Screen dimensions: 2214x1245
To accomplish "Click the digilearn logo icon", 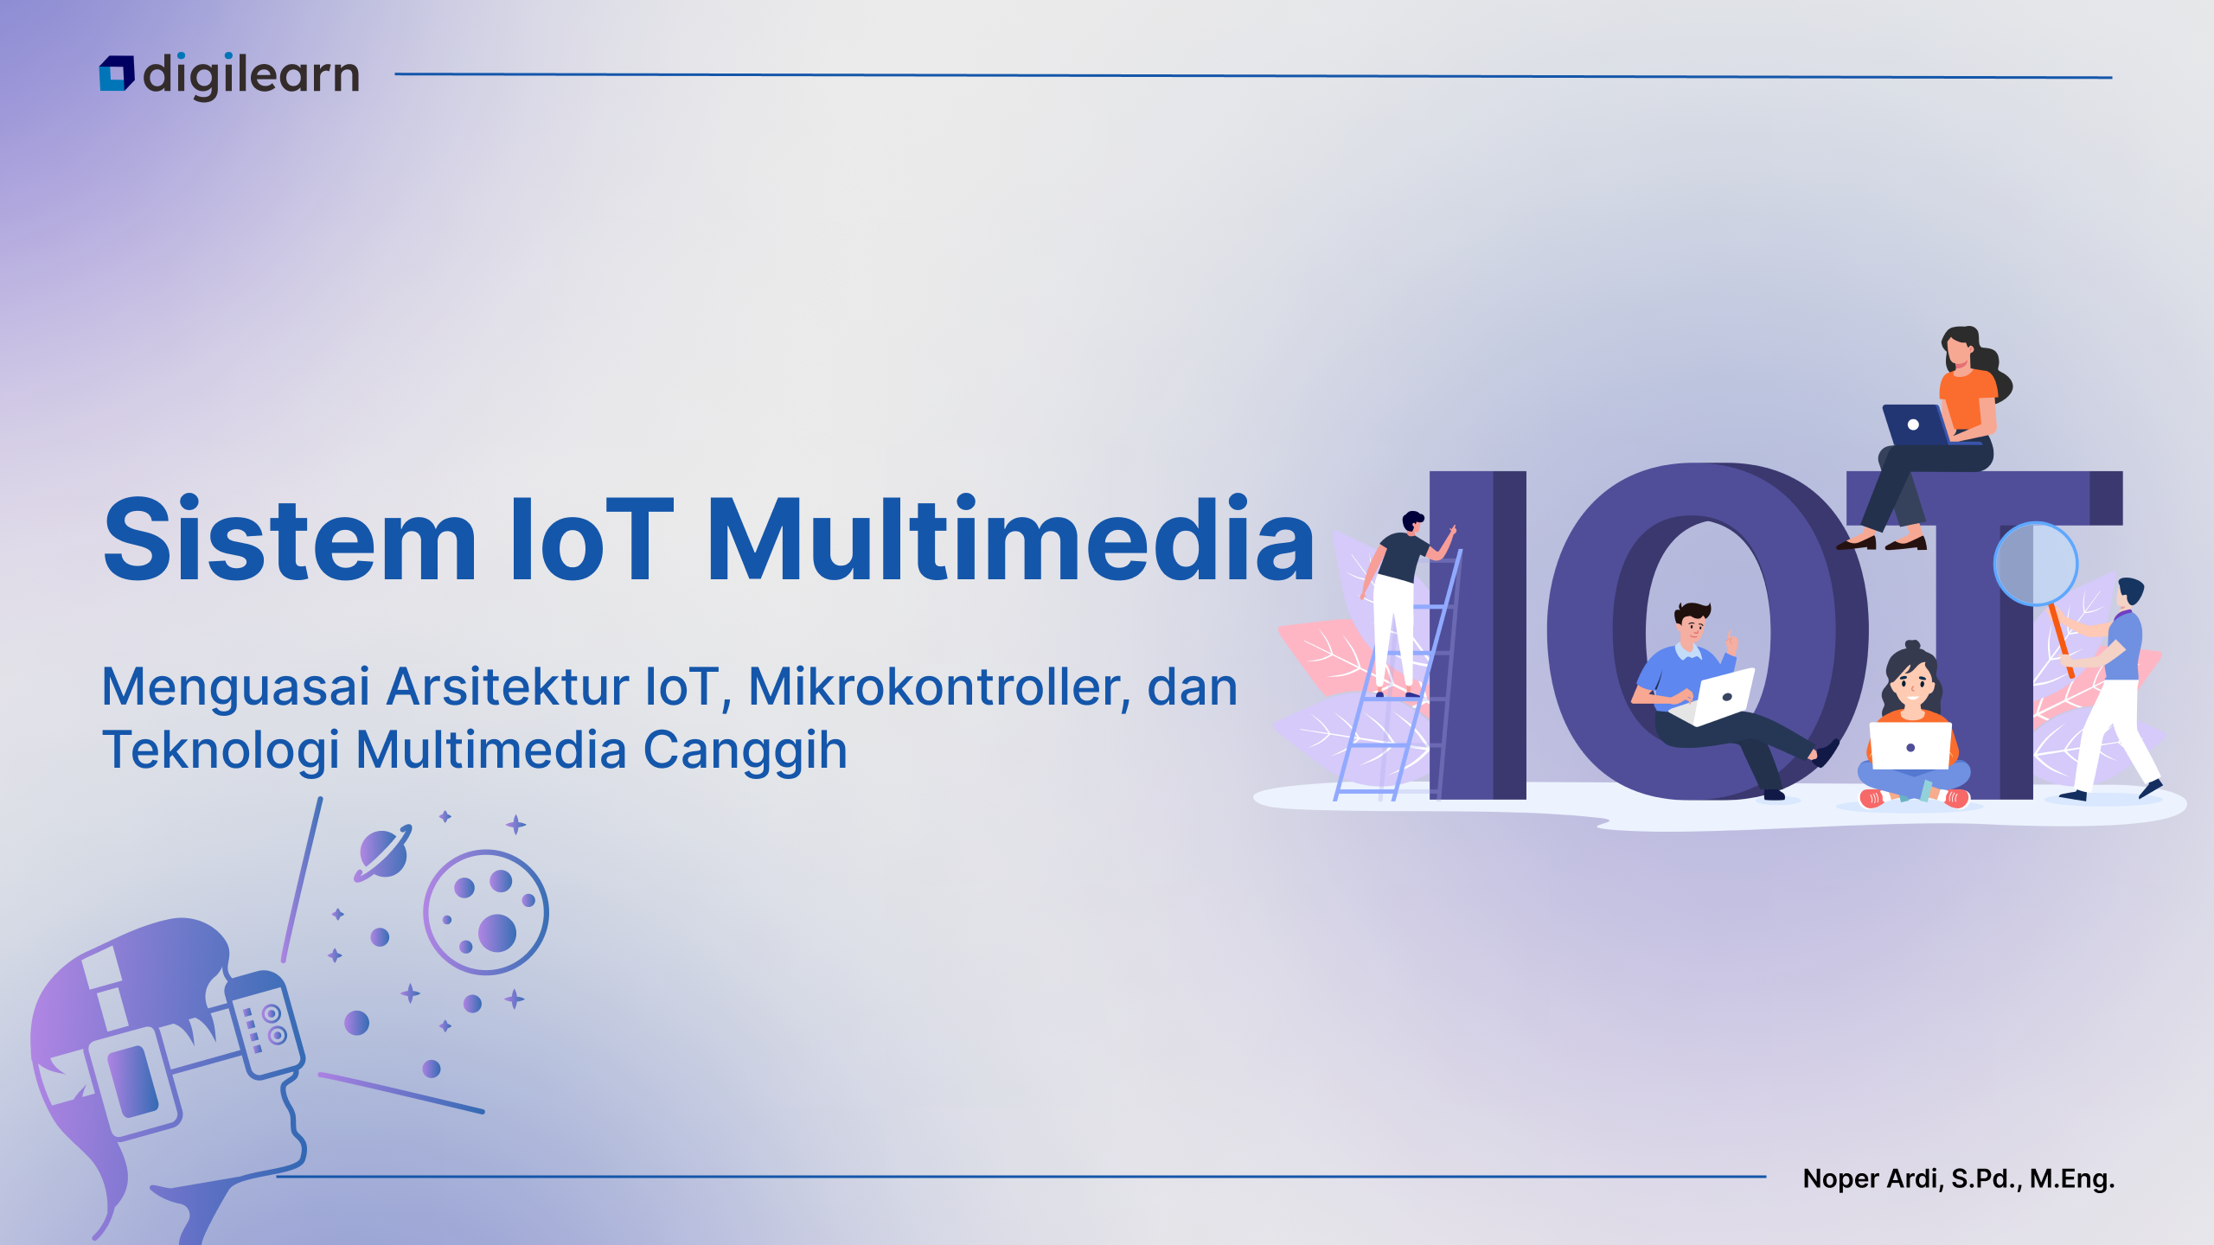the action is click(x=117, y=73).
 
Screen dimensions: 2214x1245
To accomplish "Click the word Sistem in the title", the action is click(x=290, y=539).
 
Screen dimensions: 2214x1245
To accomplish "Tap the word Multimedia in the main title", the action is click(x=1011, y=539).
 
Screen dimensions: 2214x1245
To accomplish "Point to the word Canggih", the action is click(x=745, y=750).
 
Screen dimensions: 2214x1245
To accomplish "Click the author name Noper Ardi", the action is click(x=1873, y=1178).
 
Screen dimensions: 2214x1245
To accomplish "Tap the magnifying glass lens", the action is click(x=2035, y=564).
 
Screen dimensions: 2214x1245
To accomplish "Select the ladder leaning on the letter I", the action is click(x=1397, y=674).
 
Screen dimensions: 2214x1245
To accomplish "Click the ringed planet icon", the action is click(x=383, y=853).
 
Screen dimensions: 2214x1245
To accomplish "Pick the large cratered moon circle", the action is click(x=485, y=912).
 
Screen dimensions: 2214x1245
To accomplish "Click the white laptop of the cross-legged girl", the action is click(x=1910, y=745).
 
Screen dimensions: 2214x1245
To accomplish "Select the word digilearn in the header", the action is click(x=251, y=74).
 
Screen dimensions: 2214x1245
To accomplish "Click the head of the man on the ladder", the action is click(x=1412, y=522).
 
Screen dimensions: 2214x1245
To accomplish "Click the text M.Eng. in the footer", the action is click(x=2072, y=1178).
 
